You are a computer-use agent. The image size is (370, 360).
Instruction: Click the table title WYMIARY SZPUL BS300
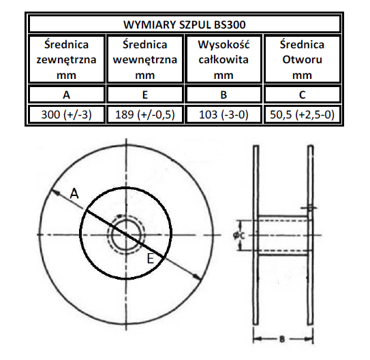point(184,24)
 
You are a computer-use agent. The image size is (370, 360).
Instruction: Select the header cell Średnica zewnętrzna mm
point(67,59)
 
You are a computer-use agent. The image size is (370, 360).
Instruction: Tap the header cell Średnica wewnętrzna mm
point(146,59)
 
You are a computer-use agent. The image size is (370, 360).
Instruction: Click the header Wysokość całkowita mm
point(224,59)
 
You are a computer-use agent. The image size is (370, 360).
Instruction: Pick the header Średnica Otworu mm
point(302,59)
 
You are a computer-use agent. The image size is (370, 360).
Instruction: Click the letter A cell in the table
point(67,95)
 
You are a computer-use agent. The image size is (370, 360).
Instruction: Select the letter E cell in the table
point(146,95)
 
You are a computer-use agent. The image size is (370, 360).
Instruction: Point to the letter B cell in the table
point(224,95)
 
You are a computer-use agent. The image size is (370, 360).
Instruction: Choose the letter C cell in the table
point(302,95)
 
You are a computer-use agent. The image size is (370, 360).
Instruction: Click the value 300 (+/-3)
point(67,114)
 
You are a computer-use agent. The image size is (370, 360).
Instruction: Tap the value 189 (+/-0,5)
point(146,114)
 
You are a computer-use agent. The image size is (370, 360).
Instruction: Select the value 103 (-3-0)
point(224,114)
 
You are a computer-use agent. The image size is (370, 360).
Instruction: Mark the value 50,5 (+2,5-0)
point(302,114)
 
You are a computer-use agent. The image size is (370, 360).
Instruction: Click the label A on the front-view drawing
point(75,195)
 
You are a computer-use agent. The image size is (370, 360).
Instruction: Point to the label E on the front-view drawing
point(151,258)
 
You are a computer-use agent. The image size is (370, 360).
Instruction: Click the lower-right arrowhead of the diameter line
point(197,276)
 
